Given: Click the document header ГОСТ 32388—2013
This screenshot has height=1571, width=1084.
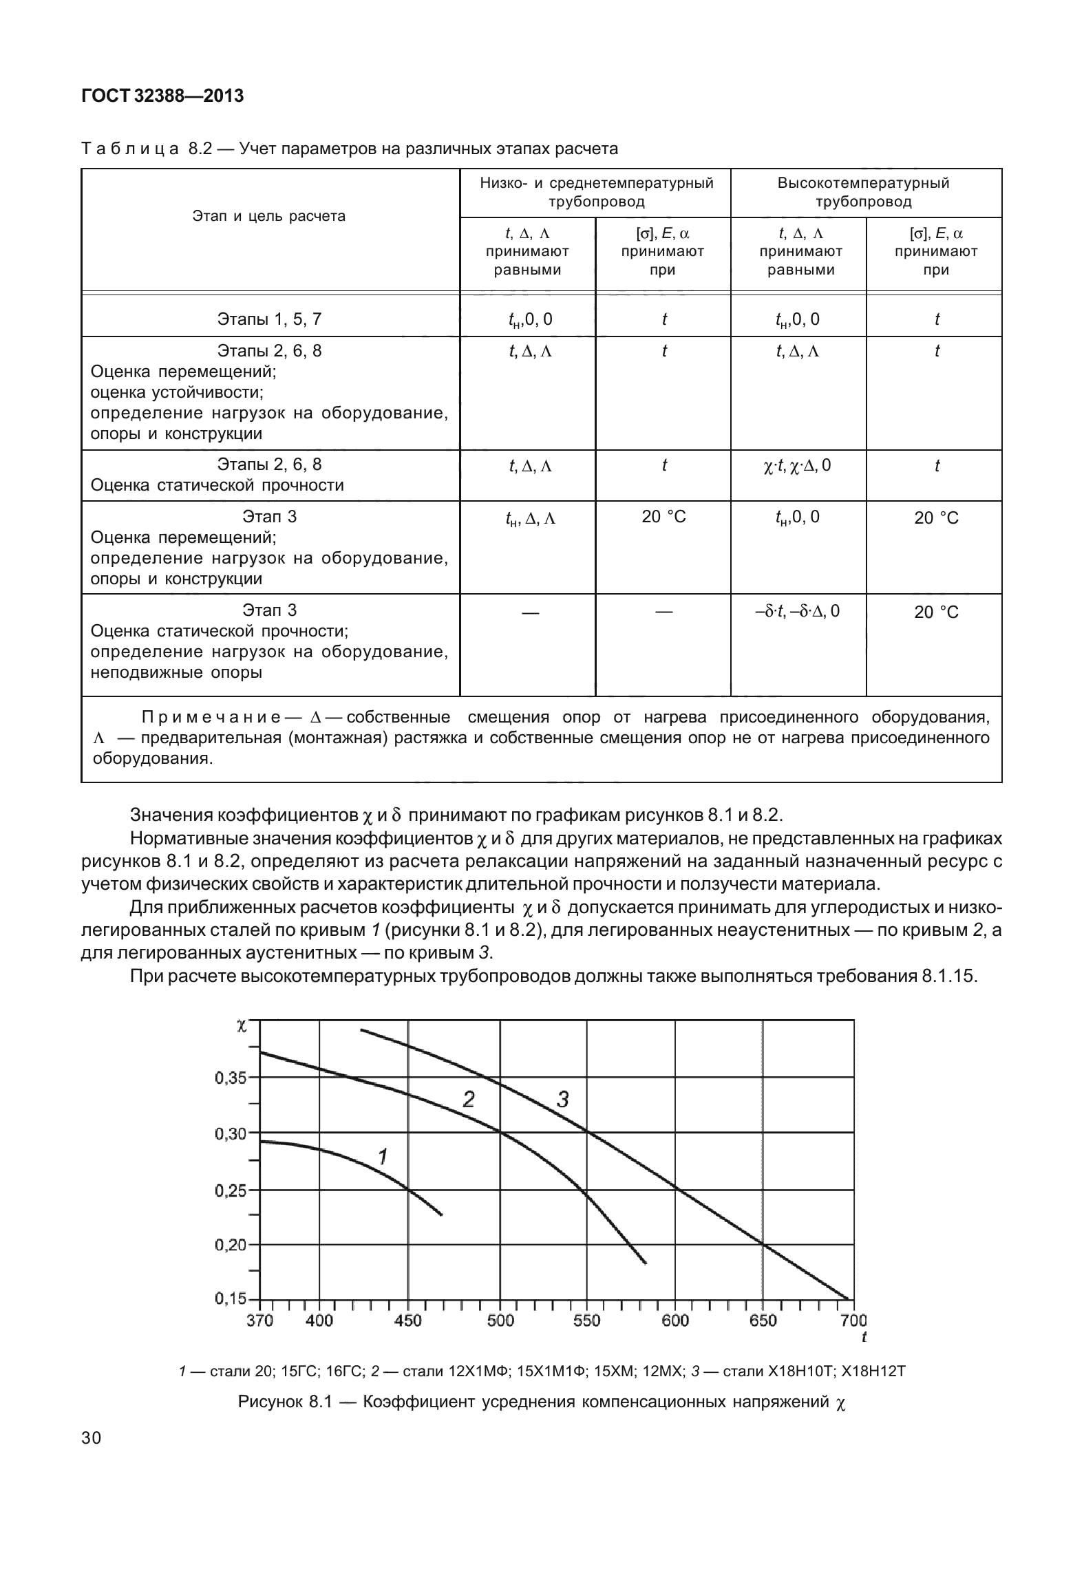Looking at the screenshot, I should [162, 96].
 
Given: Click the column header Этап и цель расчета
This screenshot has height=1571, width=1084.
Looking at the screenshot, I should [268, 216].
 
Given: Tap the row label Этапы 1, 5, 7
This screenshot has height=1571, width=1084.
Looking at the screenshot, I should [269, 319].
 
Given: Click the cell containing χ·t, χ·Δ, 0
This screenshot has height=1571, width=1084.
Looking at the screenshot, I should [797, 466].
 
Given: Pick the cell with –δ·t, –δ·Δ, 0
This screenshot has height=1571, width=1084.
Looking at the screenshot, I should [797, 611].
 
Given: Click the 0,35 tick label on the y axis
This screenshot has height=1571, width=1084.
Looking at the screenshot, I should [231, 1078].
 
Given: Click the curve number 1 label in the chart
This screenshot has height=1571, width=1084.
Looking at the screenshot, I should [383, 1157].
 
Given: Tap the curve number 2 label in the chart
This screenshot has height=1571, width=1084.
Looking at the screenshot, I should [468, 1100].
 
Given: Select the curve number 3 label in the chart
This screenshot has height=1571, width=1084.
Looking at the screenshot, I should [562, 1100].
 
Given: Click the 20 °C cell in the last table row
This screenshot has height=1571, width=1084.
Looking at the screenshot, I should [935, 612].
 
